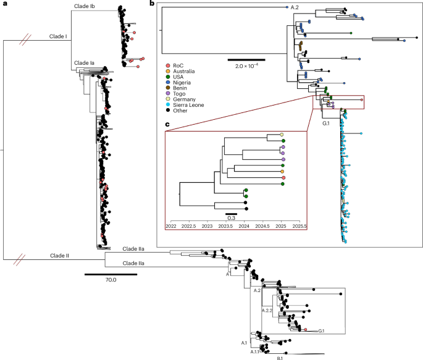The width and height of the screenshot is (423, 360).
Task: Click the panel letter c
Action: [x=167, y=125]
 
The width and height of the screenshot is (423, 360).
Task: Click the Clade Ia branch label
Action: [x=83, y=63]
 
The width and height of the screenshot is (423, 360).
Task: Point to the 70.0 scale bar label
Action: [x=103, y=280]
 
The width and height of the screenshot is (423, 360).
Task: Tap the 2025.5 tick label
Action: [x=299, y=226]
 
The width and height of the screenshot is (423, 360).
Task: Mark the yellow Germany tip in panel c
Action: [x=282, y=135]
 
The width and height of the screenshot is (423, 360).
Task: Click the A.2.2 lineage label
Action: [x=269, y=310]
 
